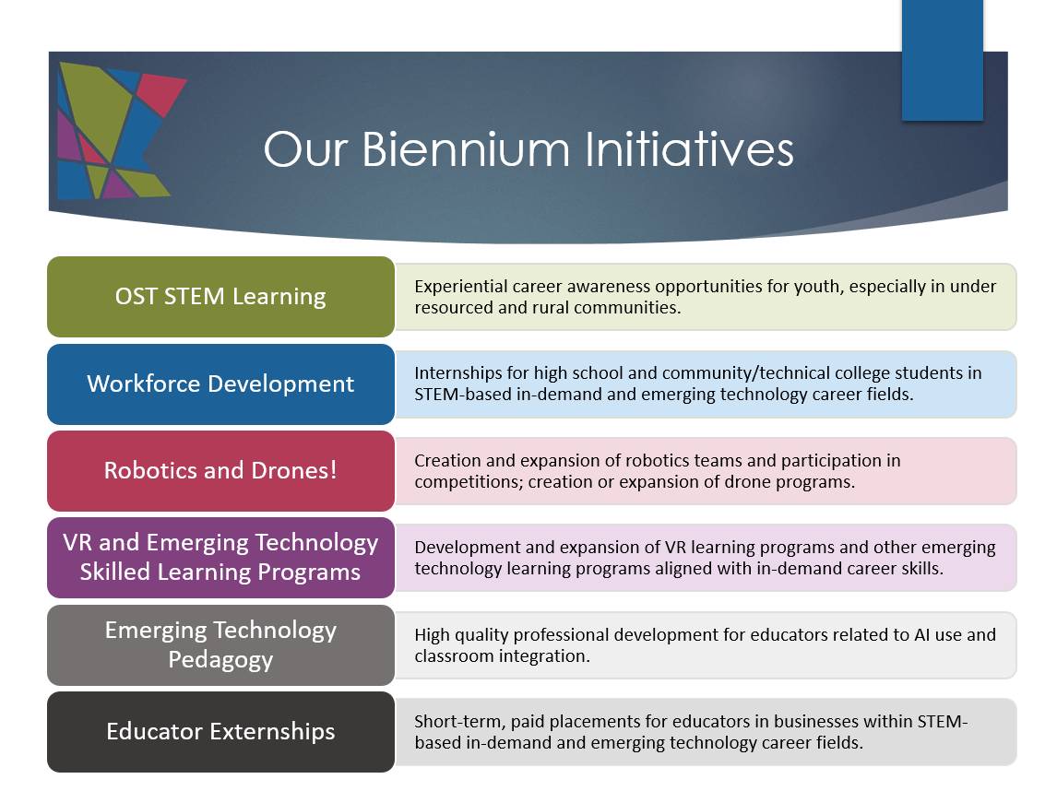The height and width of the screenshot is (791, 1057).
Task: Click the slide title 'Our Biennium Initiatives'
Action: point(528,149)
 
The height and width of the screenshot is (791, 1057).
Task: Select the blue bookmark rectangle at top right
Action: point(943,60)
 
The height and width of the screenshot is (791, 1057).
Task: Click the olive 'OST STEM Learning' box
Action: point(220,297)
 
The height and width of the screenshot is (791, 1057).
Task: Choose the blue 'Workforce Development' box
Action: point(220,384)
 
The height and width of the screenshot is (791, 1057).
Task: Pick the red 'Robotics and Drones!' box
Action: point(220,471)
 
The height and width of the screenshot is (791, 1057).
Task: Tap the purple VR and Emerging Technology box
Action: point(220,558)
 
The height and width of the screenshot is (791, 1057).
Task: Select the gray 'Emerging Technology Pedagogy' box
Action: point(220,644)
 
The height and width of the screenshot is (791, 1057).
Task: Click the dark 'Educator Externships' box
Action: point(220,732)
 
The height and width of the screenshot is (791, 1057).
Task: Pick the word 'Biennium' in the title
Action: point(466,149)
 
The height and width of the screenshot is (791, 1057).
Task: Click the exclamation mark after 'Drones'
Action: point(333,470)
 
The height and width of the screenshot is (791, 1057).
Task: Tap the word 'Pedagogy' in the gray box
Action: point(220,659)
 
